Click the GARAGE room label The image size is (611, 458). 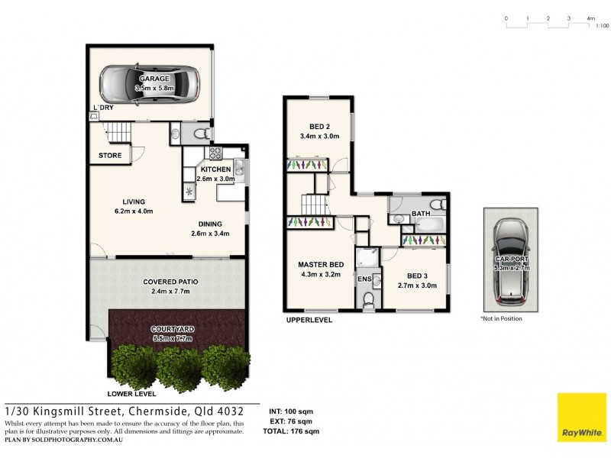(154, 79)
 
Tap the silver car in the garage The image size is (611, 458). (150, 84)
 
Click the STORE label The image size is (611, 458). (110, 156)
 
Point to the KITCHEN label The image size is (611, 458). (215, 169)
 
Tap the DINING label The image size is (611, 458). (210, 224)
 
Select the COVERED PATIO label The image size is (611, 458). (166, 282)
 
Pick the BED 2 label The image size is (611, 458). (320, 127)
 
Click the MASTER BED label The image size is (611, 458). (321, 265)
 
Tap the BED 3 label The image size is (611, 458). (417, 276)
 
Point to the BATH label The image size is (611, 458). (421, 214)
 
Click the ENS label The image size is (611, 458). (364, 279)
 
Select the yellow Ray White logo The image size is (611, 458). (581, 418)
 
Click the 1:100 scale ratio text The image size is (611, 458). (602, 25)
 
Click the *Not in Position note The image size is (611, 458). (501, 318)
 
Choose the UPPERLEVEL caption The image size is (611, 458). (309, 321)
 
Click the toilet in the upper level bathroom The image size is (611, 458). (436, 205)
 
